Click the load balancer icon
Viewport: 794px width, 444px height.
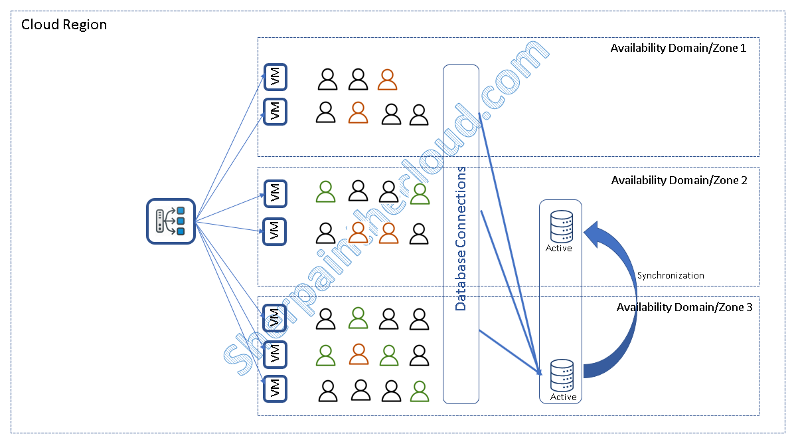pyautogui.click(x=170, y=221)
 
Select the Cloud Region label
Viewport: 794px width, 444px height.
pyautogui.click(x=64, y=25)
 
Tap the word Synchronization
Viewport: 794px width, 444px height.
pyautogui.click(x=671, y=275)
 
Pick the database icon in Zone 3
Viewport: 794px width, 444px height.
pyautogui.click(x=562, y=376)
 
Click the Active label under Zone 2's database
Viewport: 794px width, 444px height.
pyautogui.click(x=558, y=249)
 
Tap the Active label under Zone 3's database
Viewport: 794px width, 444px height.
pyautogui.click(x=563, y=397)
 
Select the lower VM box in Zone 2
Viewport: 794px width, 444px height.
pyautogui.click(x=275, y=231)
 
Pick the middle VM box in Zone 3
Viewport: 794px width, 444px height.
pyautogui.click(x=275, y=354)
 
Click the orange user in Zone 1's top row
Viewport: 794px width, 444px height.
pyautogui.click(x=387, y=80)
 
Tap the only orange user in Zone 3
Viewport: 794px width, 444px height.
pyautogui.click(x=358, y=354)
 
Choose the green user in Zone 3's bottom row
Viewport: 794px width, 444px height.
pyautogui.click(x=419, y=391)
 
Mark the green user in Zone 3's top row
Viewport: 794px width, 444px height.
pyautogui.click(x=358, y=318)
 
